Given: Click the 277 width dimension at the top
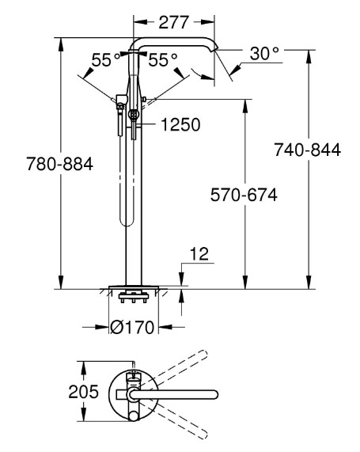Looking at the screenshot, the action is click(174, 22).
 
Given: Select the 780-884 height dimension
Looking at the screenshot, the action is click(60, 164).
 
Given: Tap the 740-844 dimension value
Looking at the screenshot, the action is click(307, 150).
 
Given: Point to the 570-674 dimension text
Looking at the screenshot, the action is click(244, 195).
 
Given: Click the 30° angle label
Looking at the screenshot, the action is click(264, 53).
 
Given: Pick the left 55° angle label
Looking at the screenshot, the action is click(106, 60).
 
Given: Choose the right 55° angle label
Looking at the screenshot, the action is click(163, 60).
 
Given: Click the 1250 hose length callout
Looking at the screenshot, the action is click(180, 124).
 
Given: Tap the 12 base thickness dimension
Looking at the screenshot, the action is click(199, 254).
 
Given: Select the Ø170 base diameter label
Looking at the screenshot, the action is click(133, 327).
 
